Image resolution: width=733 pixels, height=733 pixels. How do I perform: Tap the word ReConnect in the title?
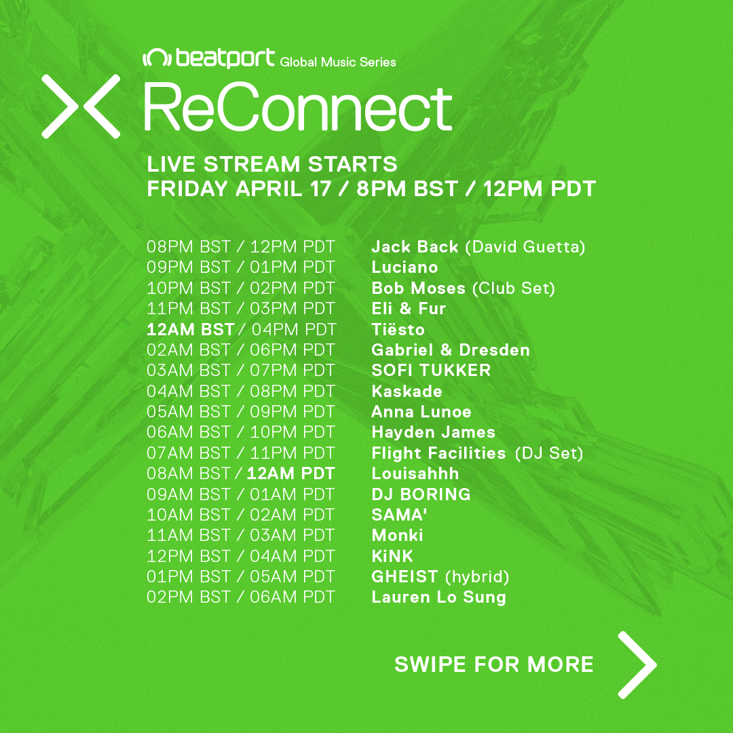pyautogui.click(x=298, y=107)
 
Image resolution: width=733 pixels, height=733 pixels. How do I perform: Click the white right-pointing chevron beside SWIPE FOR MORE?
pyautogui.click(x=637, y=664)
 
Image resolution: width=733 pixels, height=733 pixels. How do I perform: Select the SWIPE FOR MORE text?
pyautogui.click(x=494, y=664)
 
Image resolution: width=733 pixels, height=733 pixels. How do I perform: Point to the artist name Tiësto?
pyautogui.click(x=398, y=329)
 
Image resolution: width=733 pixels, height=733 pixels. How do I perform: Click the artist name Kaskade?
pyautogui.click(x=407, y=391)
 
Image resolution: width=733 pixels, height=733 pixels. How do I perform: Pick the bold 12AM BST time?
pyautogui.click(x=190, y=330)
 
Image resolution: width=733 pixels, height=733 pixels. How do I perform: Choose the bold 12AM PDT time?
pyautogui.click(x=290, y=474)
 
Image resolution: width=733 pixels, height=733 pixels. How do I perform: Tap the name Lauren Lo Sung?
pyautogui.click(x=438, y=597)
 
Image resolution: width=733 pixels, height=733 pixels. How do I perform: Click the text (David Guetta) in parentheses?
pyautogui.click(x=525, y=247)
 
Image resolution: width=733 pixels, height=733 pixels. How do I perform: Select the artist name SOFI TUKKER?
pyautogui.click(x=431, y=371)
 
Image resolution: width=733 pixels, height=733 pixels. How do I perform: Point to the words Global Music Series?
pyautogui.click(x=338, y=62)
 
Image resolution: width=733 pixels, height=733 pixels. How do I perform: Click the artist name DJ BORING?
pyautogui.click(x=421, y=494)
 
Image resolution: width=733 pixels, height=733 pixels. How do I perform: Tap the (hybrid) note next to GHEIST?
pyautogui.click(x=477, y=577)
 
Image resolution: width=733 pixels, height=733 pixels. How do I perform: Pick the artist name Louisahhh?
pyautogui.click(x=415, y=474)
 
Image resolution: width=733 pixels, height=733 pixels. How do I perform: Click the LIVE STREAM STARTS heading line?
pyautogui.click(x=272, y=164)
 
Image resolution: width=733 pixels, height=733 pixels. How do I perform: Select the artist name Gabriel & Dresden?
pyautogui.click(x=451, y=350)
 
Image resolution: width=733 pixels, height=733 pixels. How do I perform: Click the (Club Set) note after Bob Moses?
pyautogui.click(x=514, y=288)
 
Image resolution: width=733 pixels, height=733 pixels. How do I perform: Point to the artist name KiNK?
pyautogui.click(x=392, y=556)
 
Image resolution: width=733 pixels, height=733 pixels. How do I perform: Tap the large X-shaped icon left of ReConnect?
pyautogui.click(x=81, y=107)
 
